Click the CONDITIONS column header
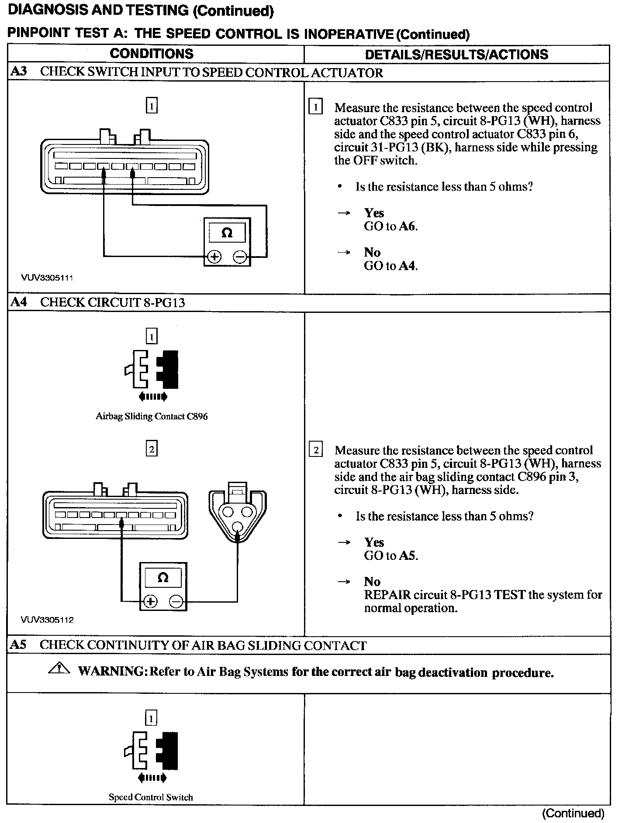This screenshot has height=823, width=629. (x=152, y=54)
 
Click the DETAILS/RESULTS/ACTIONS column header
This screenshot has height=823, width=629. (x=456, y=54)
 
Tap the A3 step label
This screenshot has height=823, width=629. (x=19, y=72)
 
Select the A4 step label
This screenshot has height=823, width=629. (x=19, y=302)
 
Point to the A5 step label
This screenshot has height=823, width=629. (x=19, y=645)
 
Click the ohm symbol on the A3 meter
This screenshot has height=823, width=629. (x=227, y=232)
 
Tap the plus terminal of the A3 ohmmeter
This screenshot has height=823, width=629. (x=214, y=257)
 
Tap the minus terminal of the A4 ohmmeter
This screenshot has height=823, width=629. (x=176, y=602)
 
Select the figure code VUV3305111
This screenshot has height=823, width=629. (x=47, y=278)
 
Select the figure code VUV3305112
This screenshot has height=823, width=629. (x=47, y=620)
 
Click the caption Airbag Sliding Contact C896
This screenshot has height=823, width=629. (x=152, y=416)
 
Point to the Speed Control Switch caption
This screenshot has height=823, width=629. (x=151, y=797)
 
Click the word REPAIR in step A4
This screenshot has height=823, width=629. (x=387, y=595)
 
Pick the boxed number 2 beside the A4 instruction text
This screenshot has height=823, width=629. (x=316, y=450)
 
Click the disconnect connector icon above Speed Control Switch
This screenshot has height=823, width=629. (x=151, y=751)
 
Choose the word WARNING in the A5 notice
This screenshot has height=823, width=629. (x=112, y=671)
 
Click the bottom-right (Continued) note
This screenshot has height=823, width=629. (x=573, y=813)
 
